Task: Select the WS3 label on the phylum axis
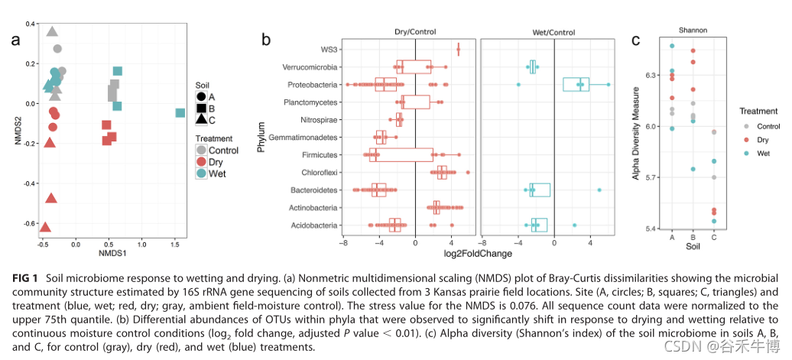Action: pos(331,50)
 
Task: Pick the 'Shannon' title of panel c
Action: pos(693,31)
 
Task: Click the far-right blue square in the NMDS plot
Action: pos(180,113)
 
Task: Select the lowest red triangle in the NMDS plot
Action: pos(45,228)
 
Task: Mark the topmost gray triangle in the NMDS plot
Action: pos(52,31)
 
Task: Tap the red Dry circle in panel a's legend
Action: pos(201,162)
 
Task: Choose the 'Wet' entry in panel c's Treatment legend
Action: pos(761,154)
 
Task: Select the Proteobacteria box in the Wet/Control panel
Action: pos(576,84)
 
